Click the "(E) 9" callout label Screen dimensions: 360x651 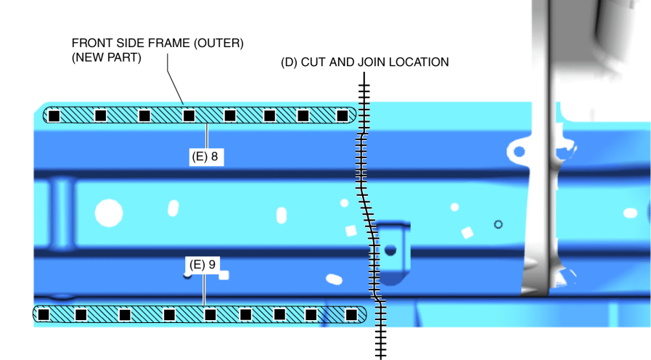[202, 265]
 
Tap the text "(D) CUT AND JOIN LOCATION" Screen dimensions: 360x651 [364, 62]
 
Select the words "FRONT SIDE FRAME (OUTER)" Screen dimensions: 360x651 [157, 44]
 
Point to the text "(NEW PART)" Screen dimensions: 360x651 [107, 58]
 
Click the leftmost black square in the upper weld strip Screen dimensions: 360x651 [54, 115]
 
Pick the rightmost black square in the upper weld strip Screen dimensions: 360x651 [343, 115]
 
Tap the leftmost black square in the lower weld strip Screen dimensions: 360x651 [44, 314]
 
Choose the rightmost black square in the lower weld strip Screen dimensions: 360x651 [351, 314]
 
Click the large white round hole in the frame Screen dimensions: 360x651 [109, 213]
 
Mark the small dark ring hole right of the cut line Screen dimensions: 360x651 [498, 224]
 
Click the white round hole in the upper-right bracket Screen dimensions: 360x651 [517, 151]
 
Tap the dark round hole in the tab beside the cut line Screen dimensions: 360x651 [390, 250]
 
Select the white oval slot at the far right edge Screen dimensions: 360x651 [630, 213]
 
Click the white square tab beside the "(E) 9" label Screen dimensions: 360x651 [224, 275]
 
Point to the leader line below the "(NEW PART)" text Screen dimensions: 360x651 [175, 83]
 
